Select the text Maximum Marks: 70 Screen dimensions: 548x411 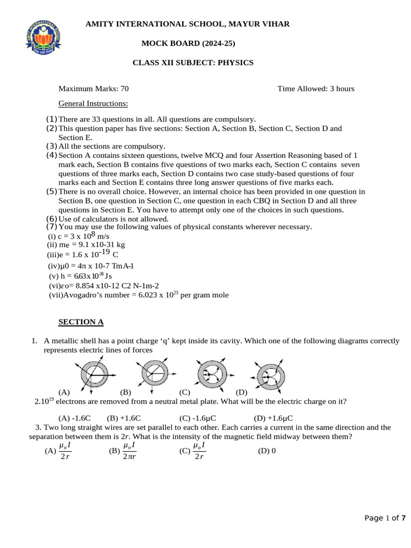[93, 88]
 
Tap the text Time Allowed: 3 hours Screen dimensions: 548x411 [316, 88]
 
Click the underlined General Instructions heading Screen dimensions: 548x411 [93, 103]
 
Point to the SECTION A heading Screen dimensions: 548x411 [81, 322]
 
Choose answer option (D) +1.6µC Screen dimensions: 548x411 [273, 418]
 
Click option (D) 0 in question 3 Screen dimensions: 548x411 [267, 451]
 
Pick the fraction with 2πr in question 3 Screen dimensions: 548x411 [128, 451]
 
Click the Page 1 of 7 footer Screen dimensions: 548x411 [385, 517]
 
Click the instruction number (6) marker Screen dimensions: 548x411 [51, 218]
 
